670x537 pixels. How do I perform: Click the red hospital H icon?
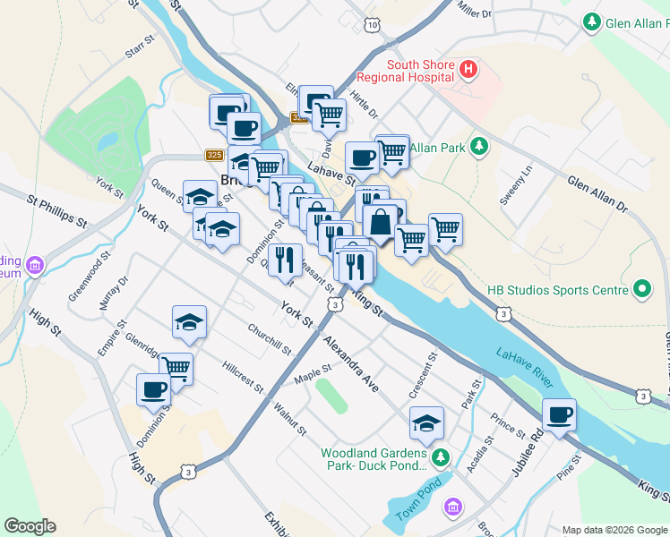467,70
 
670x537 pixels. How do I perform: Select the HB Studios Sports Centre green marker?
641,289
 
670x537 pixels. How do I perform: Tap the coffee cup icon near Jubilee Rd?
559,415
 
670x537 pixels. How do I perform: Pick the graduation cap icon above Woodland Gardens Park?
427,422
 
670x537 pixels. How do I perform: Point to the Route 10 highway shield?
371,26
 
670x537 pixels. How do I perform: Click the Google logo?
30,526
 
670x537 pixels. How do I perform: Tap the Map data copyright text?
614,529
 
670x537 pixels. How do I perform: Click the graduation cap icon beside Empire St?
189,323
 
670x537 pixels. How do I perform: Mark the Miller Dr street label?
475,11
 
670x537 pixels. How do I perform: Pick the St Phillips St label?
56,210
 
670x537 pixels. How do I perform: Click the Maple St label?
314,374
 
